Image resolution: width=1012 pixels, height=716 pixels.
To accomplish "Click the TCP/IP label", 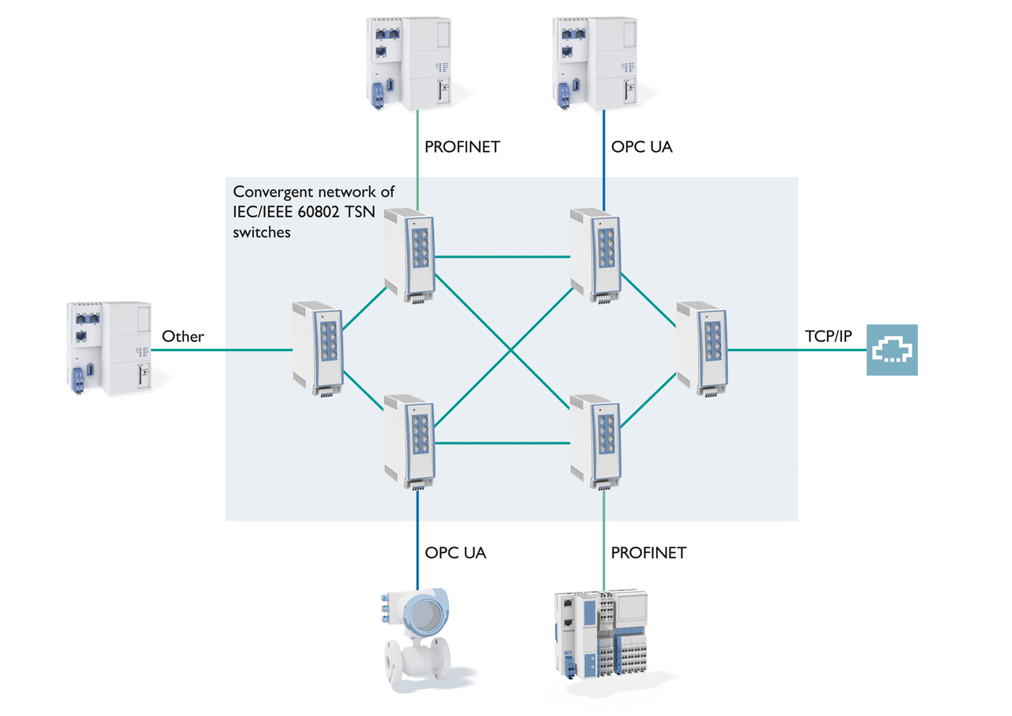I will tap(829, 336).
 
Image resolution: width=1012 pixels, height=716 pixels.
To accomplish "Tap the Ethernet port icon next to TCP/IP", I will tap(892, 350).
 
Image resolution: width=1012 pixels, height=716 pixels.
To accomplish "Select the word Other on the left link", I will tap(183, 336).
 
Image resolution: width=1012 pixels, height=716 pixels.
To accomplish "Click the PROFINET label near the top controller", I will tap(463, 146).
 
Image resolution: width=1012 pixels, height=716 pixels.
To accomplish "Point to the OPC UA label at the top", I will tap(642, 146).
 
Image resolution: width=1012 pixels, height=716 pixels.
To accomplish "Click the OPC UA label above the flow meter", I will tap(455, 553).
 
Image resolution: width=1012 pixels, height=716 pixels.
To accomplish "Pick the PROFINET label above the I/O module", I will tap(649, 553).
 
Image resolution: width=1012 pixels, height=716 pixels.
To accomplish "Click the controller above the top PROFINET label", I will tap(410, 60).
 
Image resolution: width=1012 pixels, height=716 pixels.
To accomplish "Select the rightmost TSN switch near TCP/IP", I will tap(703, 348).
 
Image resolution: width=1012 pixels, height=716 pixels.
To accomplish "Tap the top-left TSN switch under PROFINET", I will tap(410, 257).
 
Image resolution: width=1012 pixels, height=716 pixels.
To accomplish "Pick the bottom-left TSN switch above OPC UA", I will tap(410, 441).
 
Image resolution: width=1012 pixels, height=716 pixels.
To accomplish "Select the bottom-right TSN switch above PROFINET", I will tap(596, 439).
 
